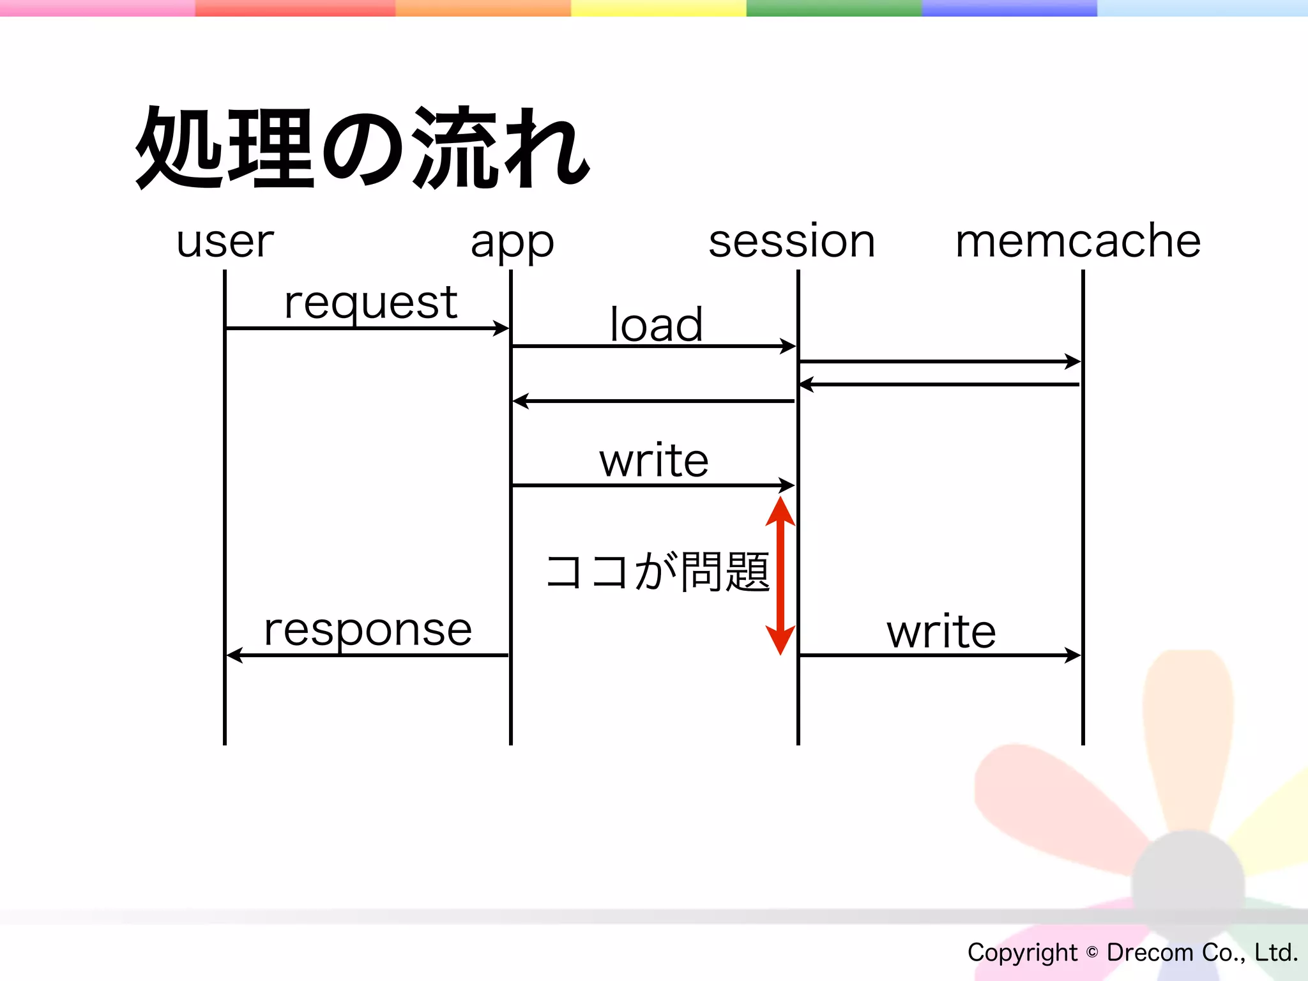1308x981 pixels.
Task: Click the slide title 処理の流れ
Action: click(x=362, y=148)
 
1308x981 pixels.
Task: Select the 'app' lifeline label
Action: click(x=512, y=243)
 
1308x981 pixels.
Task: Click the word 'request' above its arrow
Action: click(x=370, y=303)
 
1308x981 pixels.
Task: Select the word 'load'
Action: click(x=656, y=324)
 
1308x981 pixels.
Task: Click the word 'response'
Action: click(x=368, y=630)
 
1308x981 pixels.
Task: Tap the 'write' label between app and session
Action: click(x=653, y=460)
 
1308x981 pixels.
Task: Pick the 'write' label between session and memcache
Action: click(x=941, y=632)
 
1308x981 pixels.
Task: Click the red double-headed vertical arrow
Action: click(x=780, y=575)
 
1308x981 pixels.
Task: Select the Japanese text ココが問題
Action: click(x=657, y=572)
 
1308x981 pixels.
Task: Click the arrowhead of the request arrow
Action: click(x=501, y=328)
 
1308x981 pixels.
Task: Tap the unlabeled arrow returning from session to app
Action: click(x=653, y=401)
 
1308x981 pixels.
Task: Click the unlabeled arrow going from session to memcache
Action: click(x=939, y=361)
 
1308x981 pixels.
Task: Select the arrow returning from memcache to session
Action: click(x=939, y=384)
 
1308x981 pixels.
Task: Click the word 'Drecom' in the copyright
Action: click(x=1149, y=952)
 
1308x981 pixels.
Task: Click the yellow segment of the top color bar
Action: click(x=658, y=8)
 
